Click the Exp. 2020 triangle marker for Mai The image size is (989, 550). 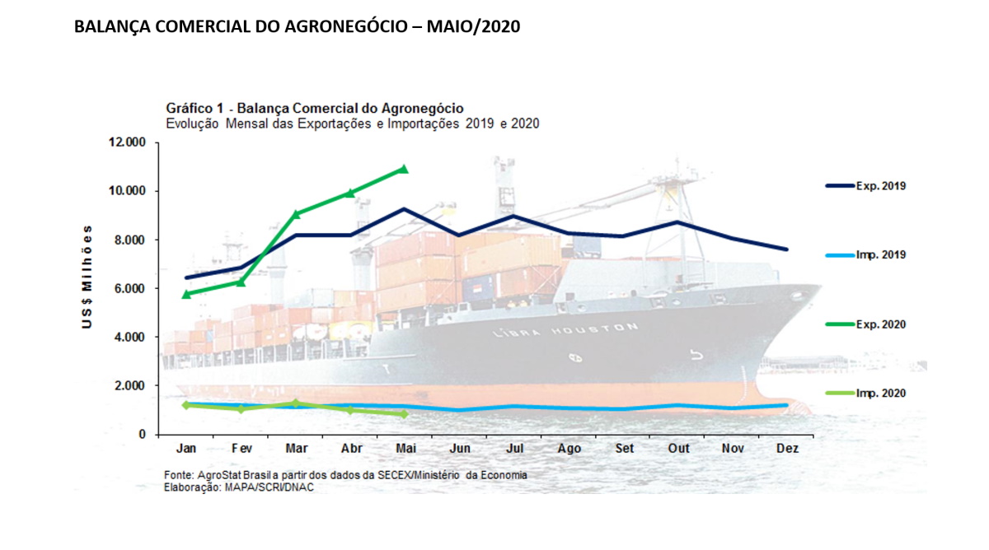404,169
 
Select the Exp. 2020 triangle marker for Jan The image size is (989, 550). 186,294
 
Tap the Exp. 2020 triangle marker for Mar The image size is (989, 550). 296,214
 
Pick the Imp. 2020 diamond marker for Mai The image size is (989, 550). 404,414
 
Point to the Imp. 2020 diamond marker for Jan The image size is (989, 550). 186,405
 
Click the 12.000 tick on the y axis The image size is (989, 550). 127,142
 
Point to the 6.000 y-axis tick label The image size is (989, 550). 130,288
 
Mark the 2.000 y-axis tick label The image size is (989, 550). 130,385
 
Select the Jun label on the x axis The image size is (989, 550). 459,449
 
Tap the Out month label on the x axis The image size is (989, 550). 678,449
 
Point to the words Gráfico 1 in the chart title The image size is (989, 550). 195,109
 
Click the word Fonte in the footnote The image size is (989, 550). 178,475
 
